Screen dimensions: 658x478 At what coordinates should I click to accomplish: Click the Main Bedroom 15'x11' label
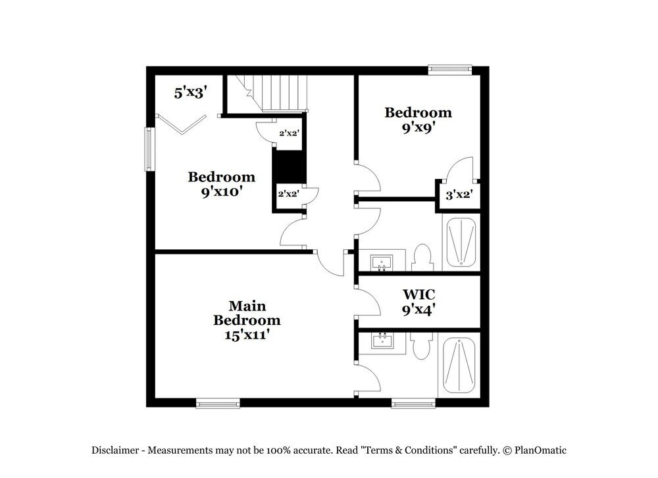(x=247, y=320)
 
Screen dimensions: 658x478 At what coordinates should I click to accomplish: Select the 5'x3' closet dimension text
(x=191, y=93)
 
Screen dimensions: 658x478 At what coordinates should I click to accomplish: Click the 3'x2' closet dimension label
(x=459, y=195)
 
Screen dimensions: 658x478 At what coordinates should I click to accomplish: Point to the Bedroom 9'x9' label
(x=418, y=120)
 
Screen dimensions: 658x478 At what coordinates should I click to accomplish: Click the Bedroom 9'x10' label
(x=222, y=184)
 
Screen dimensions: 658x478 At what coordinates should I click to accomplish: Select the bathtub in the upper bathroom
(x=463, y=243)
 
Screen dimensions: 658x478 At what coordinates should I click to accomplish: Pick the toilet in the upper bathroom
(x=422, y=258)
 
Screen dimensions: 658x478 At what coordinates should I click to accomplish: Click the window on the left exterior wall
(x=149, y=149)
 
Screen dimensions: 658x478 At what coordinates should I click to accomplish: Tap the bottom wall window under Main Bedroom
(x=218, y=402)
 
